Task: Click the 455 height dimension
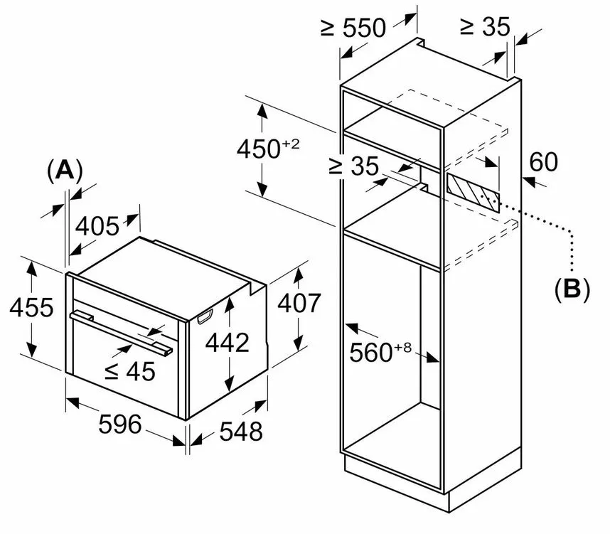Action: (x=31, y=308)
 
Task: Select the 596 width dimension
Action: (x=119, y=424)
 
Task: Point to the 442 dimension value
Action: (x=227, y=343)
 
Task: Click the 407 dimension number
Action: (x=298, y=303)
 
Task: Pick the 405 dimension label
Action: (x=97, y=227)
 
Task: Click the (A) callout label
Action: (x=65, y=171)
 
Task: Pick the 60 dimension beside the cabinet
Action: (x=543, y=162)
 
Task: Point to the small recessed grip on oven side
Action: (x=207, y=315)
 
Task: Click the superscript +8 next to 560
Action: (x=402, y=346)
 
